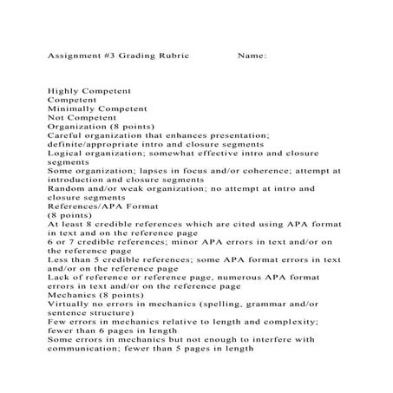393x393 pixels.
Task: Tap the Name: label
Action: coord(251,56)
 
